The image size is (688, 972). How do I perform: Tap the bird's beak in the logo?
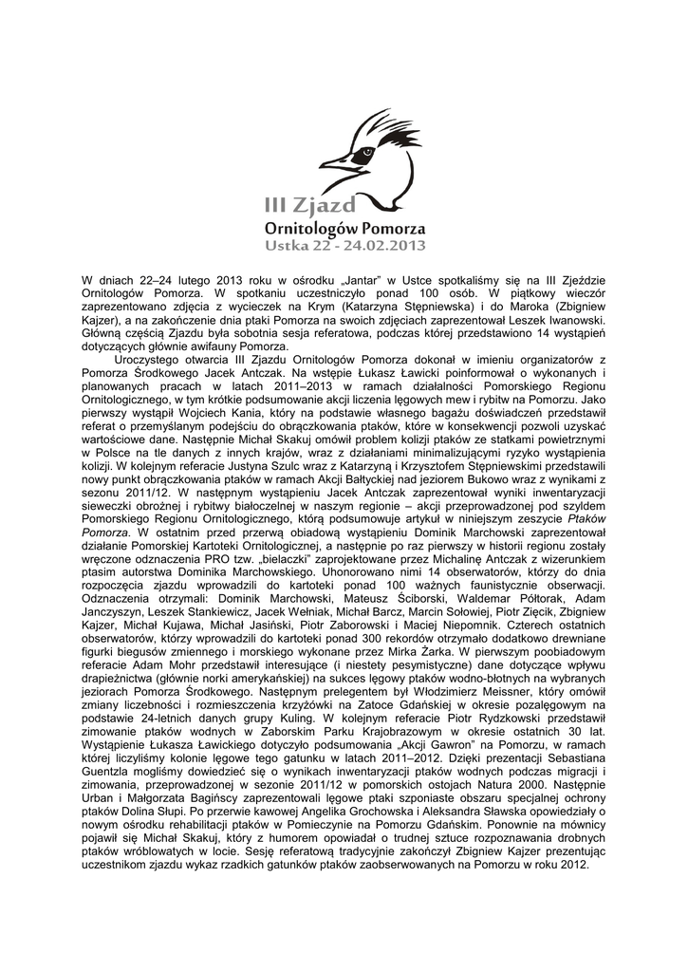pyautogui.click(x=333, y=164)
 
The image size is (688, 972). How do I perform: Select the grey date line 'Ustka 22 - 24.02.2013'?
pyautogui.click(x=344, y=247)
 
